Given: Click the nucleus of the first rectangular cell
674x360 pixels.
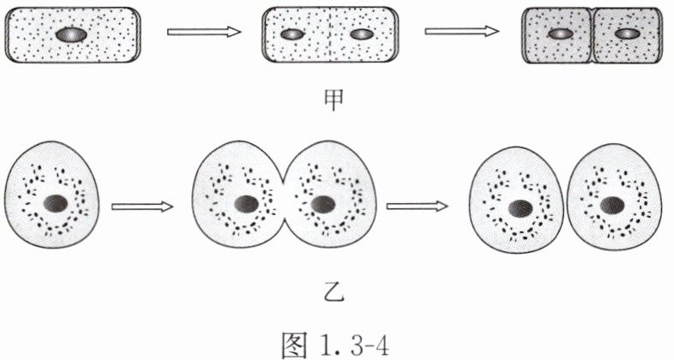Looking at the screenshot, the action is pos(70,35).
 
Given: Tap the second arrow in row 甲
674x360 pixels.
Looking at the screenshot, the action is pos(462,33).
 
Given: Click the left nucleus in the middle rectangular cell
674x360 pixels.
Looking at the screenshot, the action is pos(293,34).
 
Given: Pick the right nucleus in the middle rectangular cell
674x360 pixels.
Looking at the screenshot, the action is pos(362,34).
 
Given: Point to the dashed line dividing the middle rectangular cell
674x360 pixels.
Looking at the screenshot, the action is pos(328,34).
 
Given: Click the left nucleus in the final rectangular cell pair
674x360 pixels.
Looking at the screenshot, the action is pos(560,33).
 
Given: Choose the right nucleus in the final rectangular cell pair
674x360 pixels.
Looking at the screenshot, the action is pos(627,33).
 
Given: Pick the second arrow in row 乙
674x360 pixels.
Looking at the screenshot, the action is pos(418,206).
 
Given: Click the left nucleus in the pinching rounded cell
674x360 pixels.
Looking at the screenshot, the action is pos(247,204).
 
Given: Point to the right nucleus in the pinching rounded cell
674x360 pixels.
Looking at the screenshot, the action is pos(322,204).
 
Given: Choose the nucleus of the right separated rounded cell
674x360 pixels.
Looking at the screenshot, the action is pos(612,206).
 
